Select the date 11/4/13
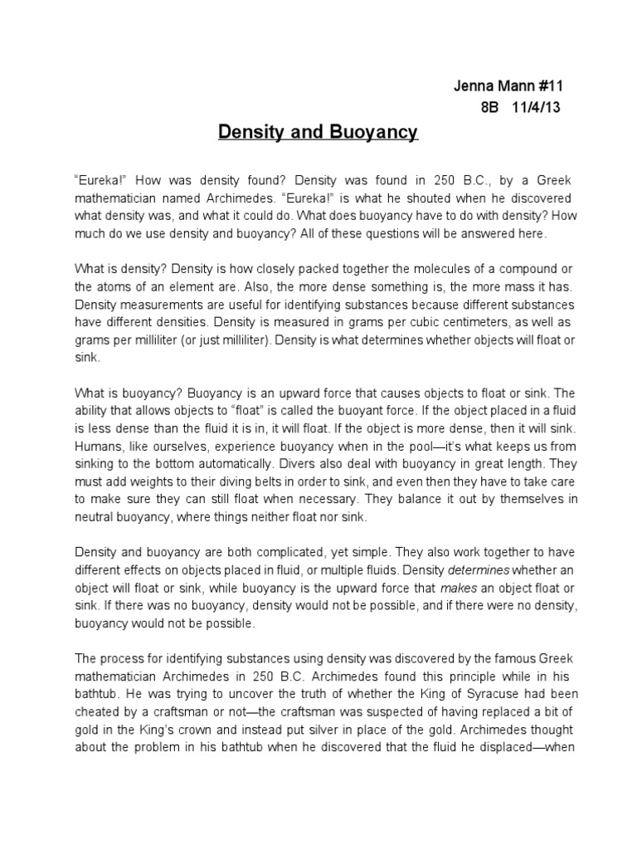tap(537, 109)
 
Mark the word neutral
tap(96, 518)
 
